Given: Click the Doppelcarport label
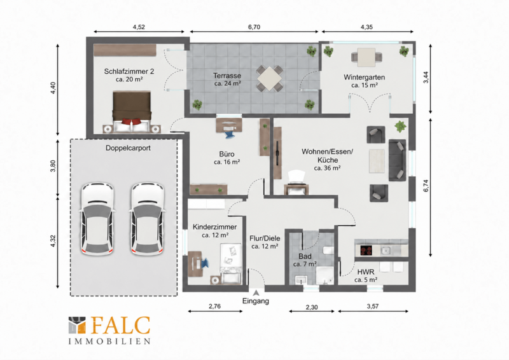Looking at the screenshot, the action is point(128,148).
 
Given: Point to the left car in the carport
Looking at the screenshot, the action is point(97,219).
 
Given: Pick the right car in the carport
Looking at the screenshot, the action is point(147,219).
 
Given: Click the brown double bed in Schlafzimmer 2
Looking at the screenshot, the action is point(132,111).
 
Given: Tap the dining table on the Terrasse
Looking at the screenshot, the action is point(269,79).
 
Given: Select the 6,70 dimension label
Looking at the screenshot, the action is point(254,27).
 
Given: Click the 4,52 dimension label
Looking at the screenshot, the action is point(139,27).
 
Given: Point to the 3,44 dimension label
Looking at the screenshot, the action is point(426,77).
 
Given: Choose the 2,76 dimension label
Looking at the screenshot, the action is point(214,306).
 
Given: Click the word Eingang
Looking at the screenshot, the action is point(256,301).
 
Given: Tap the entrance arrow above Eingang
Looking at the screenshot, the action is point(256,293).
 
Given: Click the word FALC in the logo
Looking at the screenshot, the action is point(120,325).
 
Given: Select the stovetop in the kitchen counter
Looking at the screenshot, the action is point(366,250).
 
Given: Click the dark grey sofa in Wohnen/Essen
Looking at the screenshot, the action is point(397,160).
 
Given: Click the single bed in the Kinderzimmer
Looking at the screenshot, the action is point(231,263).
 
